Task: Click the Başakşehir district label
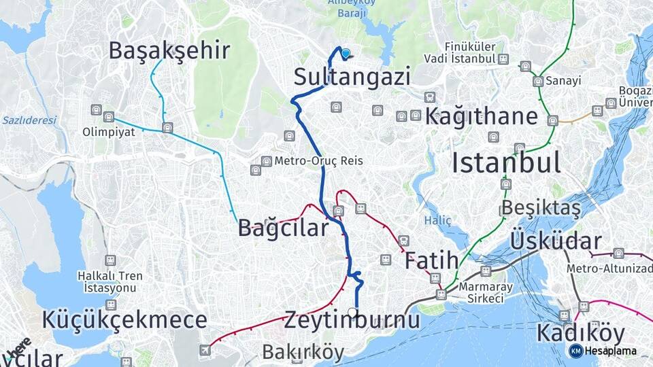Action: (x=169, y=50)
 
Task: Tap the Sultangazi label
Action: (x=352, y=75)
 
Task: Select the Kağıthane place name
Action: (x=481, y=116)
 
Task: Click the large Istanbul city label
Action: (x=506, y=163)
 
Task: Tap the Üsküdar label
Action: (x=556, y=241)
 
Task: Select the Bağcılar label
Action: (x=283, y=228)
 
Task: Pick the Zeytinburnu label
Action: (x=352, y=319)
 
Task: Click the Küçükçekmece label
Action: (x=124, y=320)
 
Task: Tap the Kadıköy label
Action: (x=580, y=334)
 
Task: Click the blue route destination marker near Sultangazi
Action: (x=346, y=54)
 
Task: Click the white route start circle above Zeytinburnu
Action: (x=352, y=312)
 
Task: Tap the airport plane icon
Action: (x=205, y=350)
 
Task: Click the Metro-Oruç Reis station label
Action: (x=318, y=161)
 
